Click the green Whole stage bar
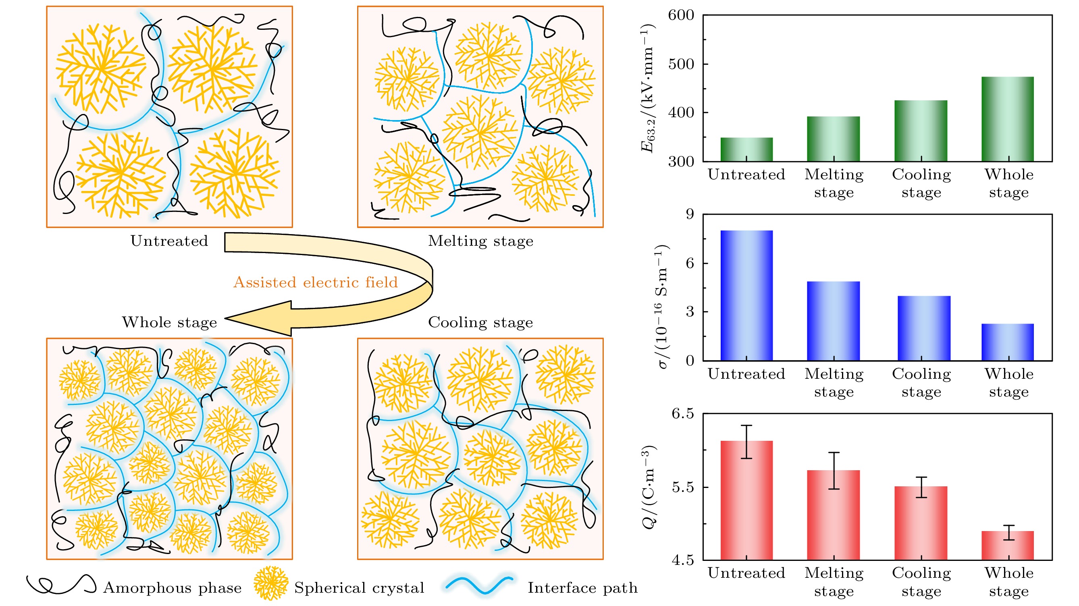pos(1007,119)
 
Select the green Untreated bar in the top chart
pos(746,149)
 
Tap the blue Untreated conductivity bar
pos(746,295)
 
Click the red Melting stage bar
pos(834,515)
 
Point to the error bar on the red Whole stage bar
pos(1008,532)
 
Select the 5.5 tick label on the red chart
pos(683,488)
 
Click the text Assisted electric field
pos(316,282)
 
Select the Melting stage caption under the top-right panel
pos(480,241)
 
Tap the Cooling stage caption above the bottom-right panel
pos(480,322)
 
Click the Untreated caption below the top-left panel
pos(169,241)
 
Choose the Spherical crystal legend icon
pos(271,583)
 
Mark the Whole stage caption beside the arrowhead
pos(169,322)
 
